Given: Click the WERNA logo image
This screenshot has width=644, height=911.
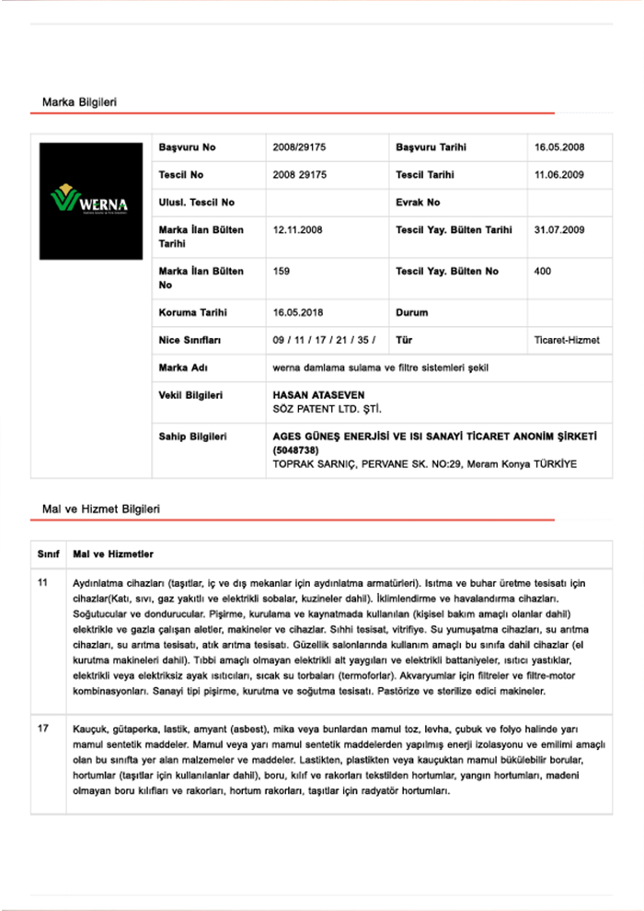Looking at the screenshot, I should pyautogui.click(x=90, y=200).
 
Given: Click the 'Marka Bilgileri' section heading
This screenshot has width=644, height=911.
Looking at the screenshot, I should pyautogui.click(x=79, y=100).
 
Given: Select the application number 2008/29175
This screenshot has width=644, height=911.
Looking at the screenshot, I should pyautogui.click(x=300, y=147).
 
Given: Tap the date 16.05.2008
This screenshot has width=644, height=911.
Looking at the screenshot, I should pyautogui.click(x=559, y=147).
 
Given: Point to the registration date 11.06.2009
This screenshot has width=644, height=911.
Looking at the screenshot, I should pyautogui.click(x=559, y=174).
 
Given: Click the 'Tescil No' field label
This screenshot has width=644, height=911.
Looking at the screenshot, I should pyautogui.click(x=181, y=174).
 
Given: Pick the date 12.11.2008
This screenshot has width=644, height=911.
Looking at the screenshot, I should pyautogui.click(x=298, y=229).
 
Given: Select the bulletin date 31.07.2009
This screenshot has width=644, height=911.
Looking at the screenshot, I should pyautogui.click(x=559, y=229).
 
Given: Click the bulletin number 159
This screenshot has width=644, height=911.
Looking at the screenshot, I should pyautogui.click(x=282, y=271).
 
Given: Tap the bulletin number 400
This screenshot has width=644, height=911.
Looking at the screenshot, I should pyautogui.click(x=543, y=271).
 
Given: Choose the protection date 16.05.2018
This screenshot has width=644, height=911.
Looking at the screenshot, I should pyautogui.click(x=298, y=312).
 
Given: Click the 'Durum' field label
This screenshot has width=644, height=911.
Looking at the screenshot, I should pyautogui.click(x=411, y=312).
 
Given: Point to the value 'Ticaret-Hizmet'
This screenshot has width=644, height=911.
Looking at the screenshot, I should pyautogui.click(x=567, y=340).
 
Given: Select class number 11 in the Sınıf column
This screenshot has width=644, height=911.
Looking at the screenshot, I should pyautogui.click(x=43, y=583).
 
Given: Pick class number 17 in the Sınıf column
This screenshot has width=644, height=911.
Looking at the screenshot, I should pyautogui.click(x=43, y=729).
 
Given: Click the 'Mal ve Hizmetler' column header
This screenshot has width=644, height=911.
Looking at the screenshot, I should pyautogui.click(x=113, y=555).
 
